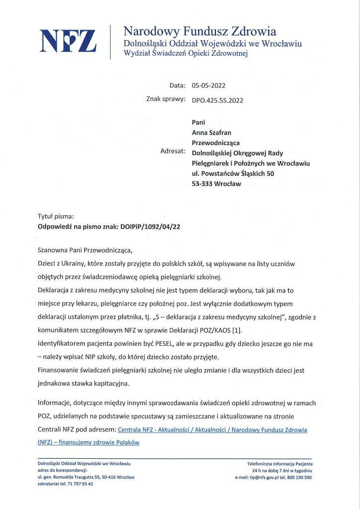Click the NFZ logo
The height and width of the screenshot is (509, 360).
(68, 41)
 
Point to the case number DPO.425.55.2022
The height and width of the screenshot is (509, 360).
(217, 100)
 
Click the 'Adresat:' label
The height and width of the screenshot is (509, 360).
(173, 151)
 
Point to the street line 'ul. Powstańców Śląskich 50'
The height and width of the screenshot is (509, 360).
(233, 173)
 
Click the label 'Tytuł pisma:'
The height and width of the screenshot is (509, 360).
(56, 216)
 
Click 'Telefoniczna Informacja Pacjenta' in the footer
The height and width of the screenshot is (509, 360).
(279, 464)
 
